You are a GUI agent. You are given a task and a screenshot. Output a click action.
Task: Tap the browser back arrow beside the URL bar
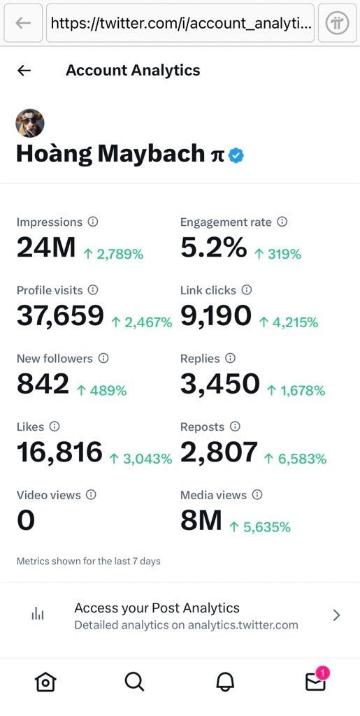tap(22, 23)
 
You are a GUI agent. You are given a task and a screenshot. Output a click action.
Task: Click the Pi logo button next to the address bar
tap(338, 23)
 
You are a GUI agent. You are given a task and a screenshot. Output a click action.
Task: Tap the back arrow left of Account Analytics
tap(24, 71)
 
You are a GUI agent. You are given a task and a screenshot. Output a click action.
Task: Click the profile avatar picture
tap(30, 123)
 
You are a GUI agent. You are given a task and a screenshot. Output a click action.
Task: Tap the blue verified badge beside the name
tap(236, 156)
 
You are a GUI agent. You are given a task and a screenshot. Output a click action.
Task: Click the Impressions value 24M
tap(46, 248)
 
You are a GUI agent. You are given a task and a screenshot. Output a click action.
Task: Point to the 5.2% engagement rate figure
tap(213, 248)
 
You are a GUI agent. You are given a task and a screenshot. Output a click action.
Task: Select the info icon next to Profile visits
tap(93, 290)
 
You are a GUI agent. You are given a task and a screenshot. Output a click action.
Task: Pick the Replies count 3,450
tap(220, 384)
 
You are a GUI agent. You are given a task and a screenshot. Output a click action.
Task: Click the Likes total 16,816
tap(60, 452)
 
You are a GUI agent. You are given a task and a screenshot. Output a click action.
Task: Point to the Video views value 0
tap(26, 520)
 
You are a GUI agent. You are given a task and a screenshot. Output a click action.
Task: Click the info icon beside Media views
tap(257, 494)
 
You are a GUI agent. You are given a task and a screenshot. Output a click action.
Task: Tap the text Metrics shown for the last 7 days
tap(89, 561)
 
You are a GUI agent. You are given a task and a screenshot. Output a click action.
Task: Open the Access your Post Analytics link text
tap(157, 608)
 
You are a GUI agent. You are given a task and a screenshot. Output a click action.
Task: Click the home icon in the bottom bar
tap(45, 682)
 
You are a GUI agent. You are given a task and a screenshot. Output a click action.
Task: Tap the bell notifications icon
tap(225, 682)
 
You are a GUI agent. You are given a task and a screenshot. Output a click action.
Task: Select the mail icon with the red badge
tap(315, 680)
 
